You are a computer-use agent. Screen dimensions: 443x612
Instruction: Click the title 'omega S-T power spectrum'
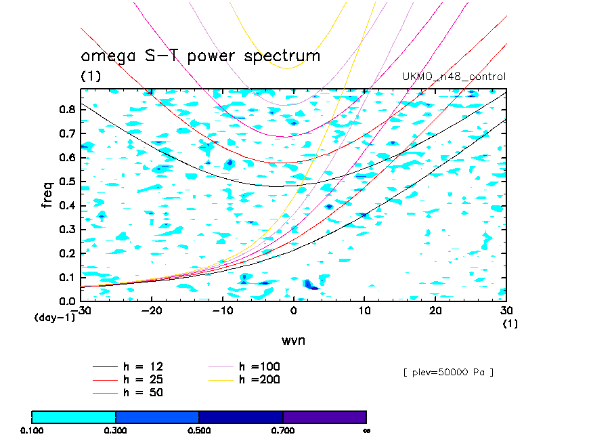tap(200, 56)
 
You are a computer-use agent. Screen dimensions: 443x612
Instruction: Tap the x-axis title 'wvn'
tap(293, 339)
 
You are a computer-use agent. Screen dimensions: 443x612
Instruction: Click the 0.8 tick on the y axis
tap(67, 110)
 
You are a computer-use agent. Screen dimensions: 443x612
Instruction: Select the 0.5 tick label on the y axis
tap(67, 182)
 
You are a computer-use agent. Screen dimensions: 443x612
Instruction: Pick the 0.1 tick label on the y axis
tap(67, 277)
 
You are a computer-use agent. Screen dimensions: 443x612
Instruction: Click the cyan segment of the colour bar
tap(74, 417)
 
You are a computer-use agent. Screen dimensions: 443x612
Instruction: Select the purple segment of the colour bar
tap(324, 417)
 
